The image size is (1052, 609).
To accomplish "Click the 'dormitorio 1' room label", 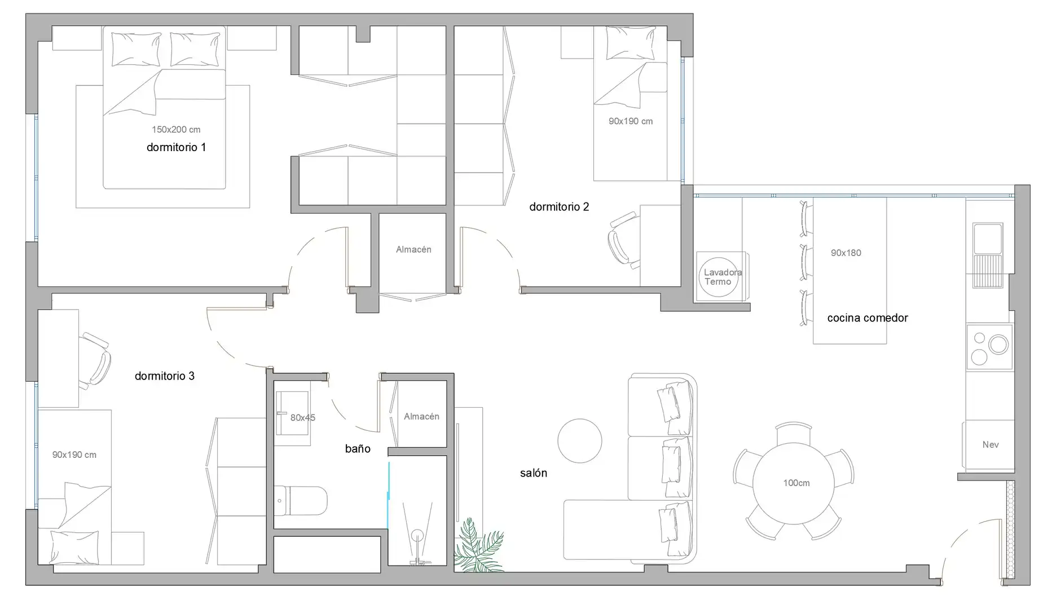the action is pyautogui.click(x=176, y=147).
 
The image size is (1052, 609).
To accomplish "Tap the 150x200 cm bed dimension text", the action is pyautogui.click(x=176, y=130).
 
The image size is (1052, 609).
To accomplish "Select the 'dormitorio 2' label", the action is pyautogui.click(x=559, y=207).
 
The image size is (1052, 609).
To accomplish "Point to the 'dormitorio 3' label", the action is pyautogui.click(x=165, y=376).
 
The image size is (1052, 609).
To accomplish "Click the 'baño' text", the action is pyautogui.click(x=358, y=449).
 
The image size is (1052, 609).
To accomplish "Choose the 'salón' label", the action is pyautogui.click(x=534, y=473).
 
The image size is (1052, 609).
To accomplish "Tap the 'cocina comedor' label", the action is pyautogui.click(x=868, y=318).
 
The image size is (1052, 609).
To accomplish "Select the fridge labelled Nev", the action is pyautogui.click(x=988, y=445).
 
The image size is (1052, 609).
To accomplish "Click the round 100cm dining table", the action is pyautogui.click(x=794, y=483).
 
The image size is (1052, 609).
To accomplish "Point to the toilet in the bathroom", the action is pyautogui.click(x=300, y=501).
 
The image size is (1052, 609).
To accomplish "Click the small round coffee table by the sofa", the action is pyautogui.click(x=580, y=441).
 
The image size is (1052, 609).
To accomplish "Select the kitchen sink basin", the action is pyautogui.click(x=988, y=239).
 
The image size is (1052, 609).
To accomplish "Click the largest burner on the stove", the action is pyautogui.click(x=998, y=344).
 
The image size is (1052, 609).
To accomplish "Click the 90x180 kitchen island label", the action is pyautogui.click(x=846, y=253).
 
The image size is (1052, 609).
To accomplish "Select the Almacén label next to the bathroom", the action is pyautogui.click(x=421, y=417).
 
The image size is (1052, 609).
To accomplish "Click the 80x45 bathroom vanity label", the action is pyautogui.click(x=303, y=418).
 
